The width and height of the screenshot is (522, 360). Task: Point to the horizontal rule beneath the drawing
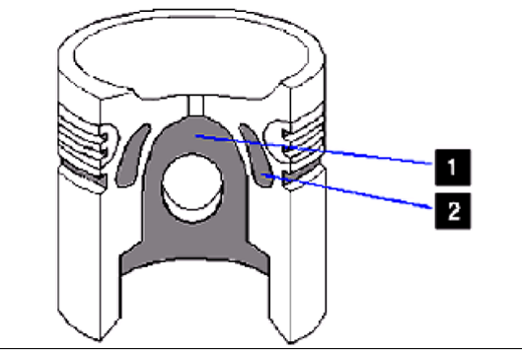click(261, 348)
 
